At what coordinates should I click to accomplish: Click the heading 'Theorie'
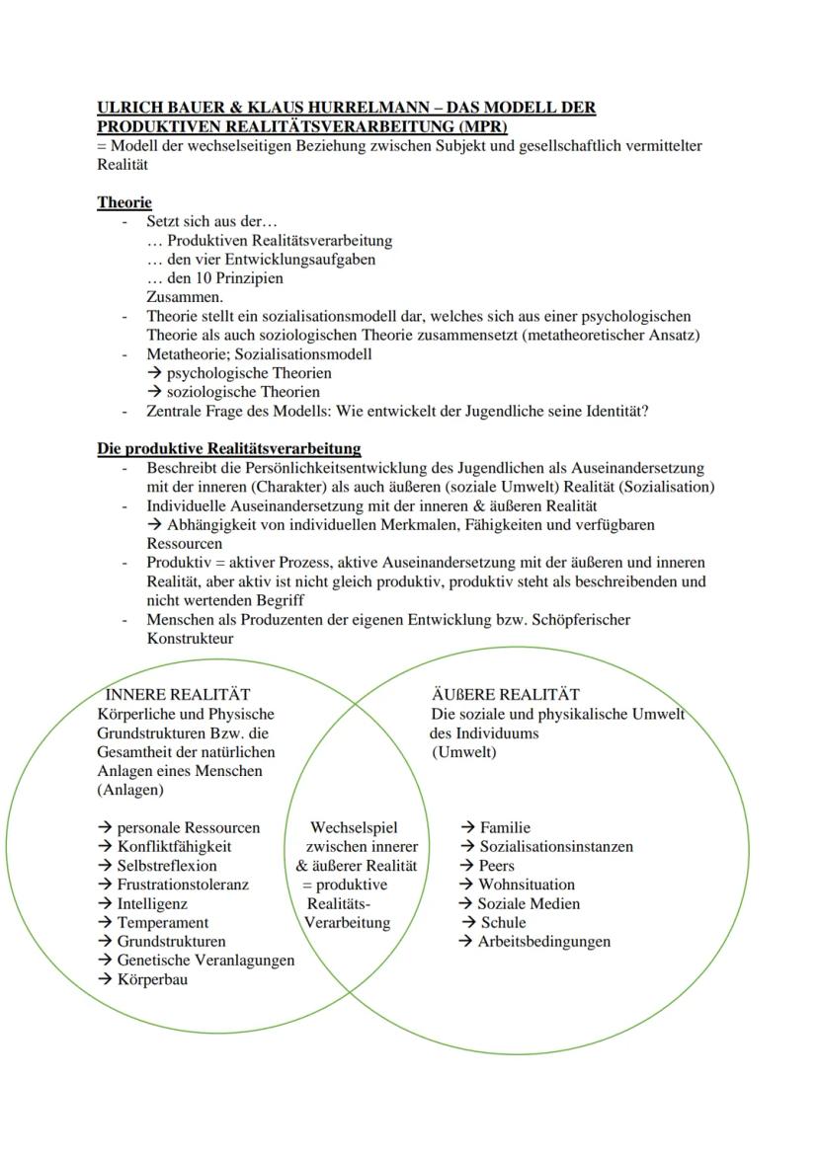click(124, 202)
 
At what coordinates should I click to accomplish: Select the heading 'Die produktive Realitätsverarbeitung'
click(228, 448)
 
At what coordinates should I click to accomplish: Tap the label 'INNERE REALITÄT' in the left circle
click(178, 695)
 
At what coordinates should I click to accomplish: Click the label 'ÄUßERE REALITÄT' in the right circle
click(505, 695)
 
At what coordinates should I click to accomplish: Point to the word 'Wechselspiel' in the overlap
click(354, 827)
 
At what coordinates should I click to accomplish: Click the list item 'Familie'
click(505, 827)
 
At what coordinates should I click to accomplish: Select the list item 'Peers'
click(497, 865)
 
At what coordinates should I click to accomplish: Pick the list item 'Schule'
click(503, 922)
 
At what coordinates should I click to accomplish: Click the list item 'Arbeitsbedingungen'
click(543, 941)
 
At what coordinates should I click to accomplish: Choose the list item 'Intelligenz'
click(152, 903)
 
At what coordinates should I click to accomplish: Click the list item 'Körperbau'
click(152, 979)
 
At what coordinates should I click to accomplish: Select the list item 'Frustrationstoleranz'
click(183, 885)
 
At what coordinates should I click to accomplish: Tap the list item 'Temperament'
click(163, 922)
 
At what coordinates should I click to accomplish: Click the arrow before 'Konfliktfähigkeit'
click(105, 846)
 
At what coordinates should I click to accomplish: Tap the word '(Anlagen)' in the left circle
click(130, 790)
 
